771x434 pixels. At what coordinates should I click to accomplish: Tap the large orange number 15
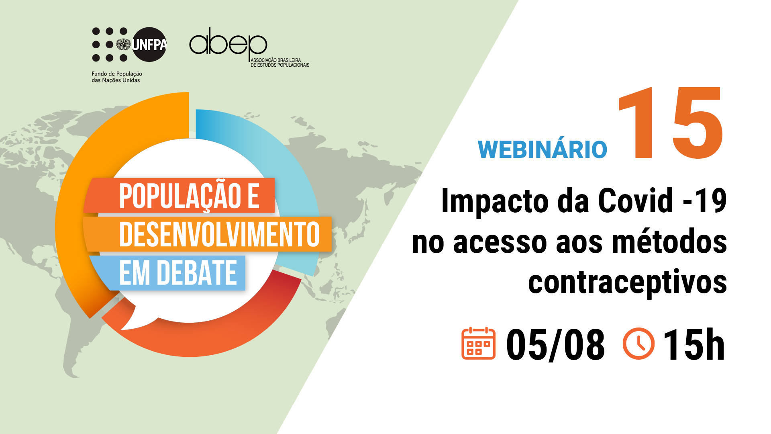coord(671,123)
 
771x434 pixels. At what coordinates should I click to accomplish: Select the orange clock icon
coord(638,344)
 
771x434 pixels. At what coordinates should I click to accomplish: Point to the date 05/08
coord(555,345)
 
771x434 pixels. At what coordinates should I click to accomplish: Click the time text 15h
coord(694,344)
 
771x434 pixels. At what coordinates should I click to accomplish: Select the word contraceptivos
coord(627,282)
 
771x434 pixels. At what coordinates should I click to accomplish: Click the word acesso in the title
coord(500,243)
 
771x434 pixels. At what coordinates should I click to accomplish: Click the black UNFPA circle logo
coord(149,44)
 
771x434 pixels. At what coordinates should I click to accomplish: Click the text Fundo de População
coord(117,74)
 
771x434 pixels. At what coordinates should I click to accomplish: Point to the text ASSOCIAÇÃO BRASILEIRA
coord(276,60)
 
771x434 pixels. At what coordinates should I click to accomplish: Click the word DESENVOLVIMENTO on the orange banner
coord(219,234)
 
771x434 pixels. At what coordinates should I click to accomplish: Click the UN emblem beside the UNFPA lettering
coord(123,44)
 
